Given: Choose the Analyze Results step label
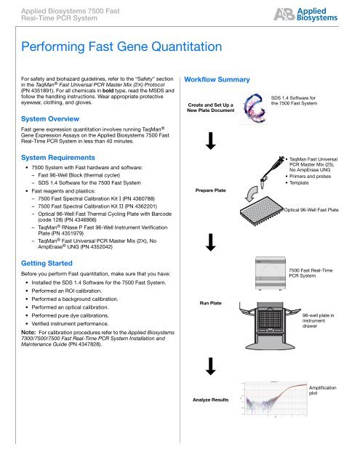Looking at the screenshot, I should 210,421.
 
